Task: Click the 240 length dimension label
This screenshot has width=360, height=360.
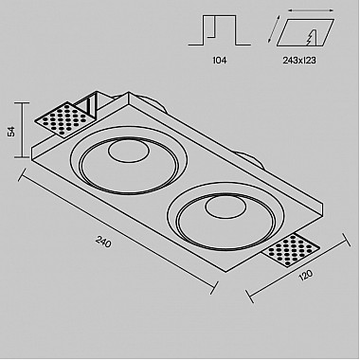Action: [x=103, y=243]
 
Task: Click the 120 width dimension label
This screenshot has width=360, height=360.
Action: [x=306, y=275]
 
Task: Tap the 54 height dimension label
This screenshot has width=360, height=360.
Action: [x=11, y=131]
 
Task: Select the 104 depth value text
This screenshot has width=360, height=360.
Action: [x=220, y=60]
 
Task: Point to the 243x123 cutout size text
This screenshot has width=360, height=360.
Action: [x=299, y=60]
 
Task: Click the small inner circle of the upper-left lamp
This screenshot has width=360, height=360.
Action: [x=129, y=151]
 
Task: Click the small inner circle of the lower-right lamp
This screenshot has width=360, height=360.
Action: [x=225, y=207]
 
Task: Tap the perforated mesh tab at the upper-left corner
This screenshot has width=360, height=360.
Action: [x=64, y=120]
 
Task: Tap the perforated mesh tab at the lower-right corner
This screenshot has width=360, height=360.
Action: [x=290, y=250]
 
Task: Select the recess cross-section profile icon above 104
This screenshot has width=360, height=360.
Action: [x=220, y=30]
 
